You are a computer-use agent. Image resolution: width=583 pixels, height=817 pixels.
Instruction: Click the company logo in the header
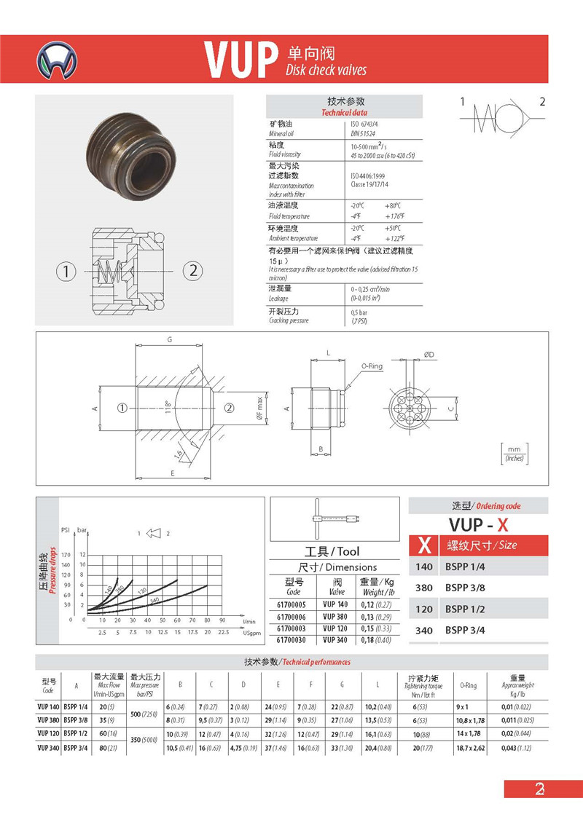click(x=59, y=60)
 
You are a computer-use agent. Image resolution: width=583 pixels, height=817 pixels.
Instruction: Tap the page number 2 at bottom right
click(x=540, y=789)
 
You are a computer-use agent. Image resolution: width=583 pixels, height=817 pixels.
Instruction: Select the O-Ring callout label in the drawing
click(x=372, y=366)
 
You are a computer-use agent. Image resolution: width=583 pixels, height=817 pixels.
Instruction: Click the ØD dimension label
click(x=430, y=355)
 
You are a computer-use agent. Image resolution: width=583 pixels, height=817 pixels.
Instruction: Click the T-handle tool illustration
click(x=334, y=518)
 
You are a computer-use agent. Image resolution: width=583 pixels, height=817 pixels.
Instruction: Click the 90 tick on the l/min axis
click(x=222, y=620)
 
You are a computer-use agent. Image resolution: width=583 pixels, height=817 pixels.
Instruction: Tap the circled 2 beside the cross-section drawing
click(x=193, y=271)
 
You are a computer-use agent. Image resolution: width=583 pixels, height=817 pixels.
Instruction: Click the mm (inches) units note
click(x=514, y=453)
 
